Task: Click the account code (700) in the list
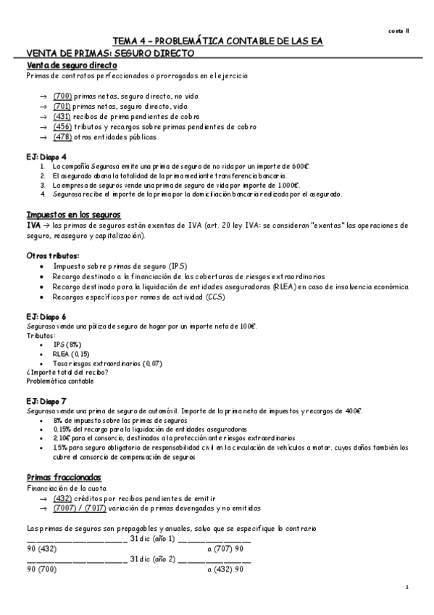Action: click(x=62, y=96)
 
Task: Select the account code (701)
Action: click(x=62, y=106)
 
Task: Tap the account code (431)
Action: click(x=62, y=116)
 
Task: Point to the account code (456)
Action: click(x=62, y=126)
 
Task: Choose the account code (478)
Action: click(x=62, y=137)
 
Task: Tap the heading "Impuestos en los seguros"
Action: click(x=73, y=215)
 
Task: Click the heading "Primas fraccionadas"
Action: click(x=64, y=478)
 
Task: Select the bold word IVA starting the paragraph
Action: click(x=33, y=226)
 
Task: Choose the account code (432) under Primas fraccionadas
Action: click(x=62, y=498)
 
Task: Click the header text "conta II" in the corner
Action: click(x=398, y=31)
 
